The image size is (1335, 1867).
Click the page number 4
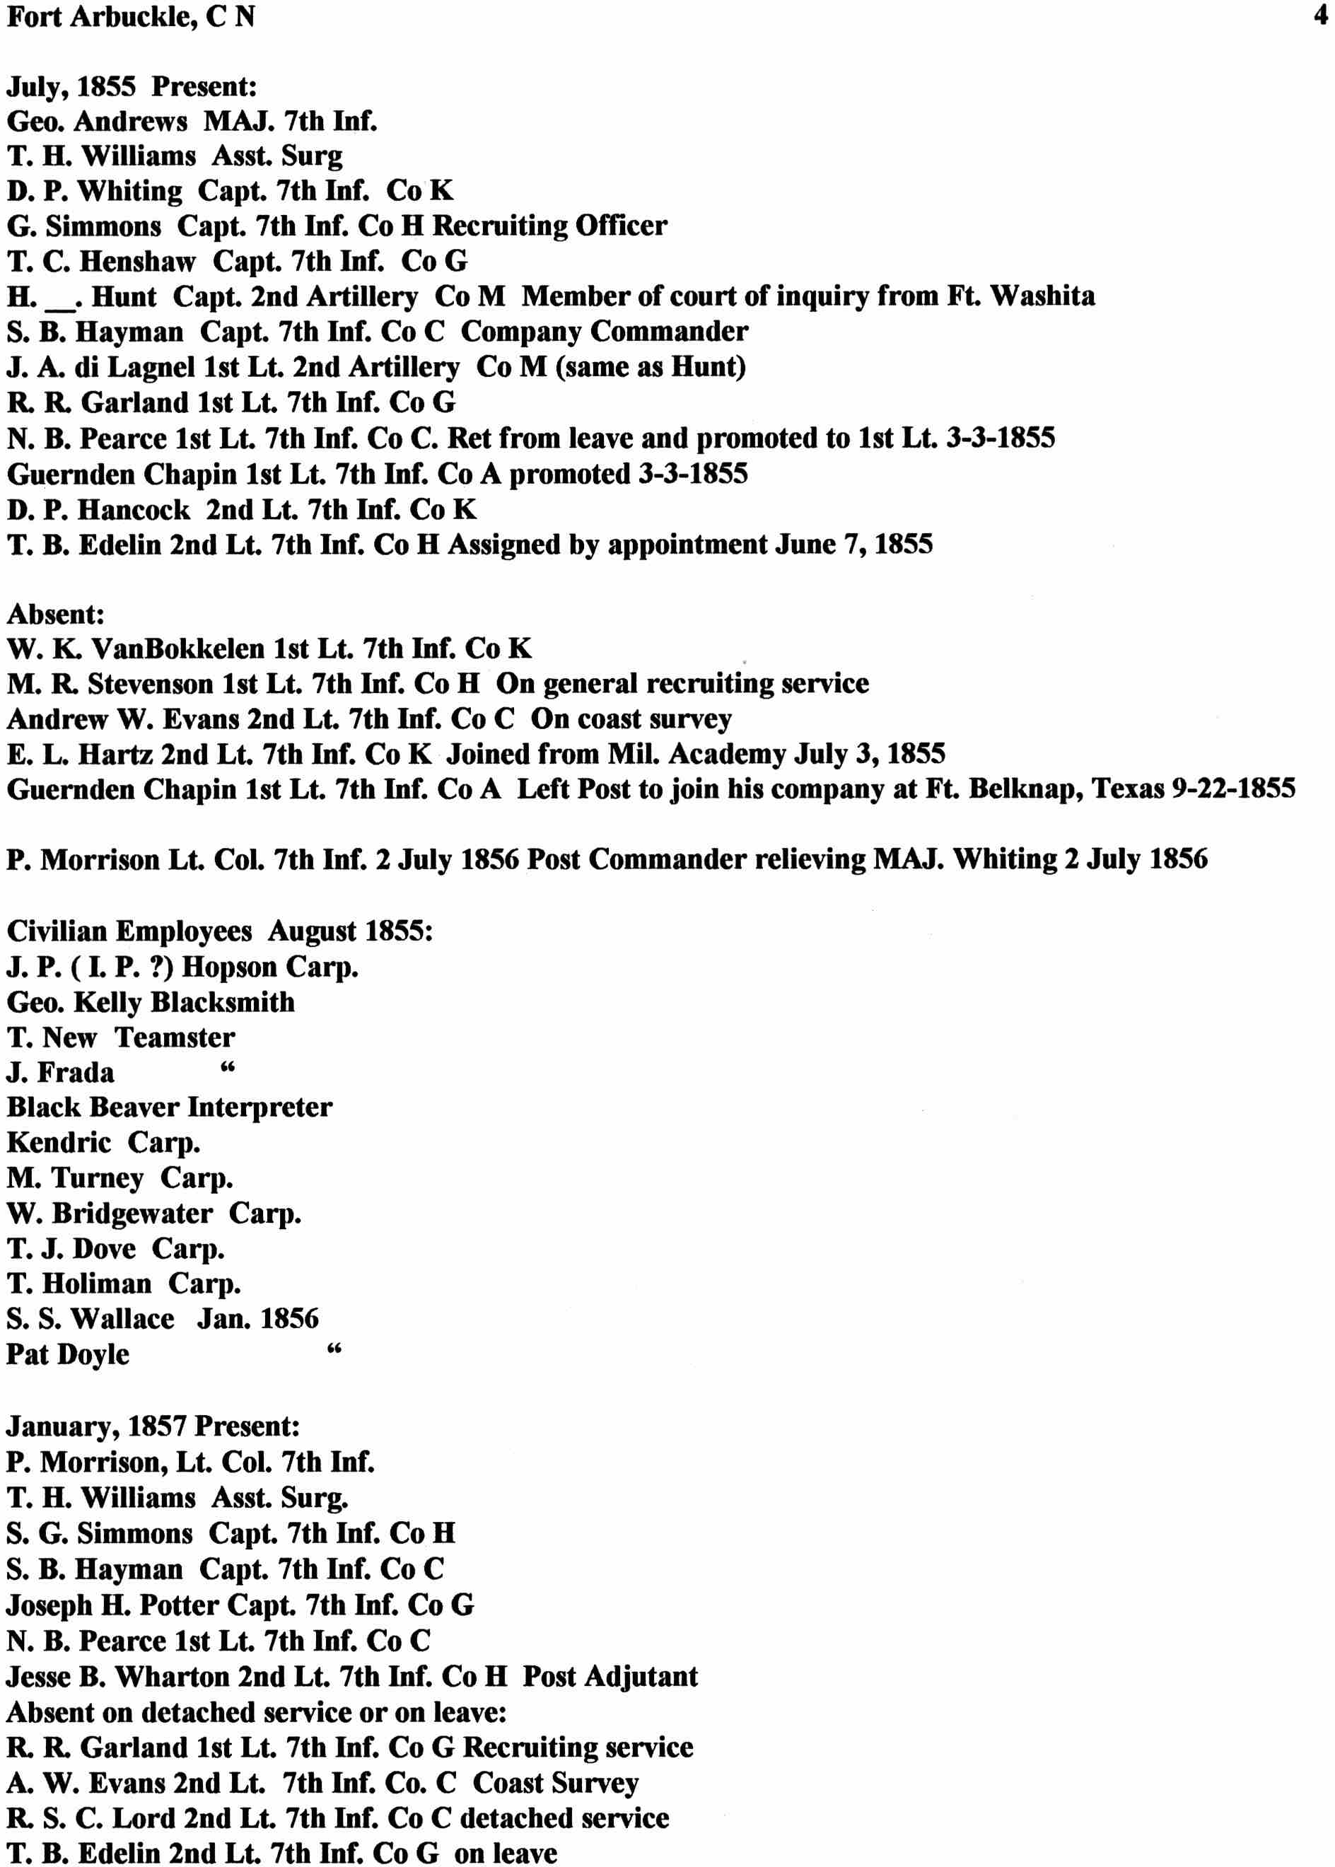1320,16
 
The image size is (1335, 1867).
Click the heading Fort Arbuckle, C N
131,16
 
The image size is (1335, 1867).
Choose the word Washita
1042,295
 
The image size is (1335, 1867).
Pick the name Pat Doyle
68,1354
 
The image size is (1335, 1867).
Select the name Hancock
134,510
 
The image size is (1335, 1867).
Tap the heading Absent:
56,614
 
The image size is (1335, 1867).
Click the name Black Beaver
93,1107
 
